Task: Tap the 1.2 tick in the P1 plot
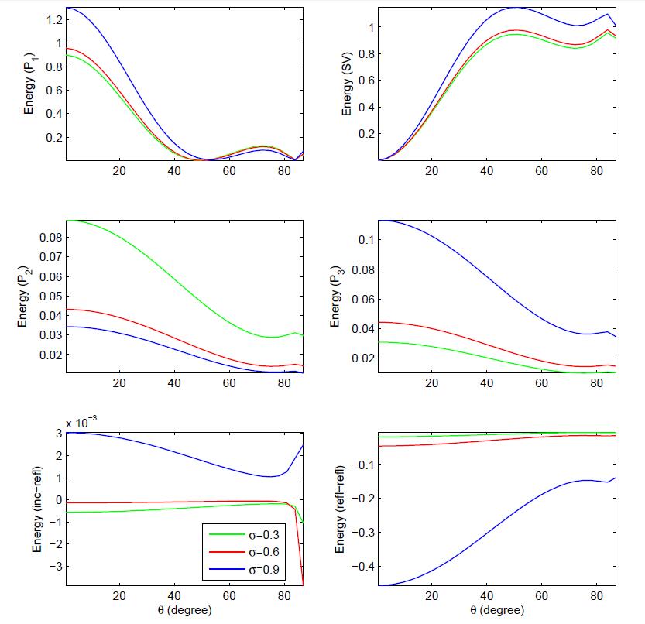(x=52, y=19)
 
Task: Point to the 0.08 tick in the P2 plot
(x=48, y=237)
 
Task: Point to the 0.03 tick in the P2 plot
(x=48, y=335)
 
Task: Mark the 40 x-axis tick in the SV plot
(x=486, y=172)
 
